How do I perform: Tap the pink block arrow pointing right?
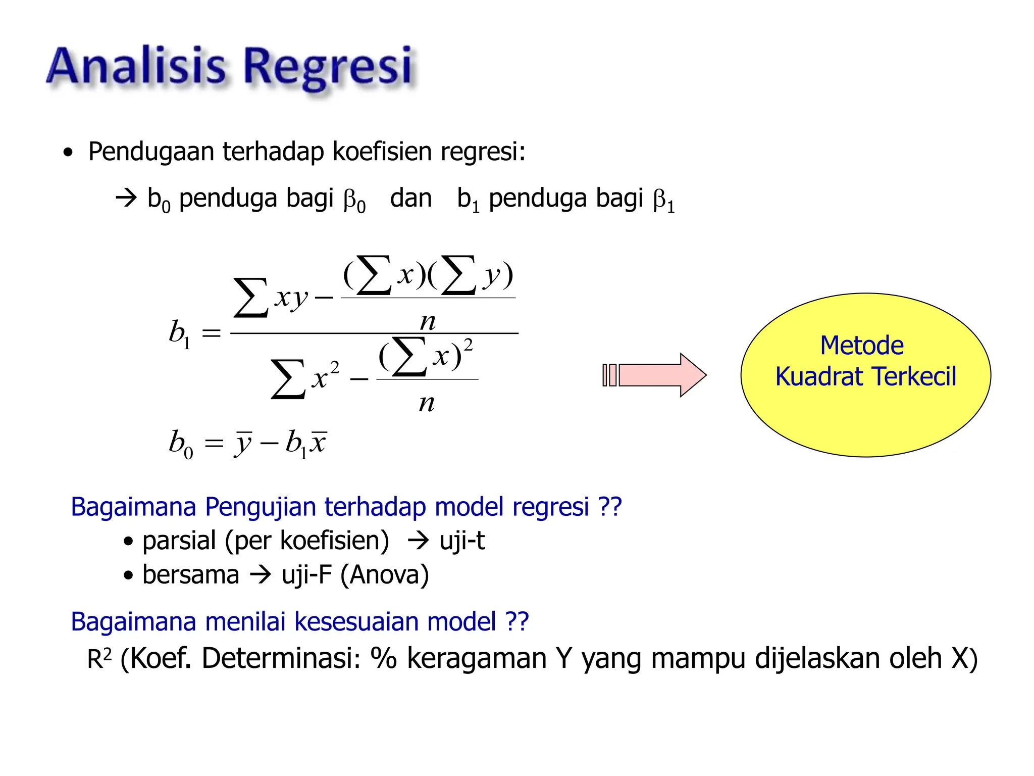pos(656,375)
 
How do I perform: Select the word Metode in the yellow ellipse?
pos(861,346)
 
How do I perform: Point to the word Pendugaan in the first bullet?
pos(151,152)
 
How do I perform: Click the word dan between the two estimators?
pos(410,198)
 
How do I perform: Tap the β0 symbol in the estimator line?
pos(354,201)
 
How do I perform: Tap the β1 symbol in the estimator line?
pos(663,201)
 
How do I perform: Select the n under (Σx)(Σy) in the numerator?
pos(428,321)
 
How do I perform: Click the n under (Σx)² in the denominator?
pos(427,403)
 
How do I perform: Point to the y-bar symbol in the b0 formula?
pos(243,444)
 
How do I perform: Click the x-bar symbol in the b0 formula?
pos(319,443)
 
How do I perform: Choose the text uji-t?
pos(461,541)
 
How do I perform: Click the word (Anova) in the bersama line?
pos(385,575)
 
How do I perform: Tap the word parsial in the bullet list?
pos(179,541)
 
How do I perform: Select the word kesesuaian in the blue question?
pos(356,621)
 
